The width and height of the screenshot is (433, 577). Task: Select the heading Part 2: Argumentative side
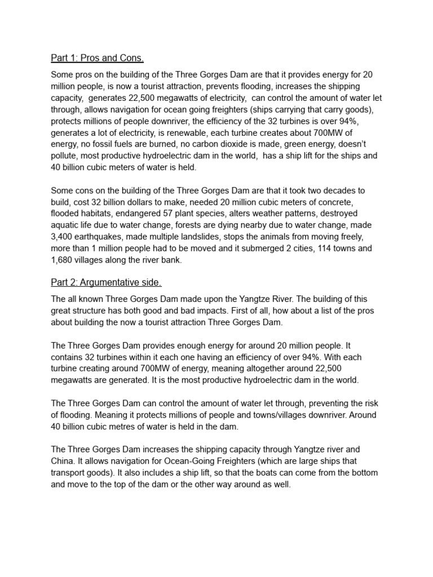pyautogui.click(x=106, y=282)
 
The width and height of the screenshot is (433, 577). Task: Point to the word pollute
pyautogui.click(x=65, y=156)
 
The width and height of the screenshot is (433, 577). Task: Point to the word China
pyautogui.click(x=64, y=460)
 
